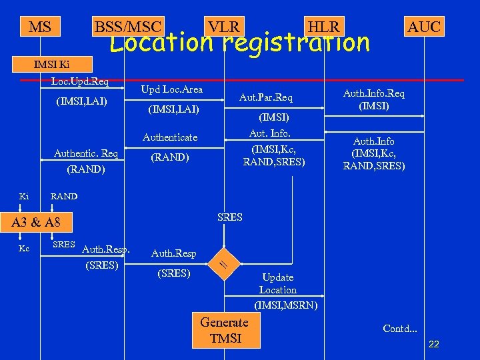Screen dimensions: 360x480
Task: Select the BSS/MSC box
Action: [x=128, y=27]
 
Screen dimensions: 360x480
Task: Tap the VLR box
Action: [x=223, y=27]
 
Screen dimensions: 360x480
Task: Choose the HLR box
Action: [x=323, y=27]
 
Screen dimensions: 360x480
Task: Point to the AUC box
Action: [x=424, y=27]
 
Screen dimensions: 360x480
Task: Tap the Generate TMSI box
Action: [x=225, y=330]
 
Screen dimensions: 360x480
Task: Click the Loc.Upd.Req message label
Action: [x=80, y=82]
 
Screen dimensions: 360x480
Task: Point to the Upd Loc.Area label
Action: [x=172, y=89]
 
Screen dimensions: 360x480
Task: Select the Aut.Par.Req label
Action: [x=265, y=98]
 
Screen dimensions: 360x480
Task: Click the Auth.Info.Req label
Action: [x=373, y=94]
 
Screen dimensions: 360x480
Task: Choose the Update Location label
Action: [x=278, y=283]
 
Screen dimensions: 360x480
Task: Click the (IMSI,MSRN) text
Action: [x=286, y=305]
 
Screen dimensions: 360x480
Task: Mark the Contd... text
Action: [x=400, y=328]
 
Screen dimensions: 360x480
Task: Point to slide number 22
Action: [x=433, y=344]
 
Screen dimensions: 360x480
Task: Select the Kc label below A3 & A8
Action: [x=24, y=248]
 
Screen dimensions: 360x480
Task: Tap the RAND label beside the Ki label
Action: [x=64, y=197]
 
